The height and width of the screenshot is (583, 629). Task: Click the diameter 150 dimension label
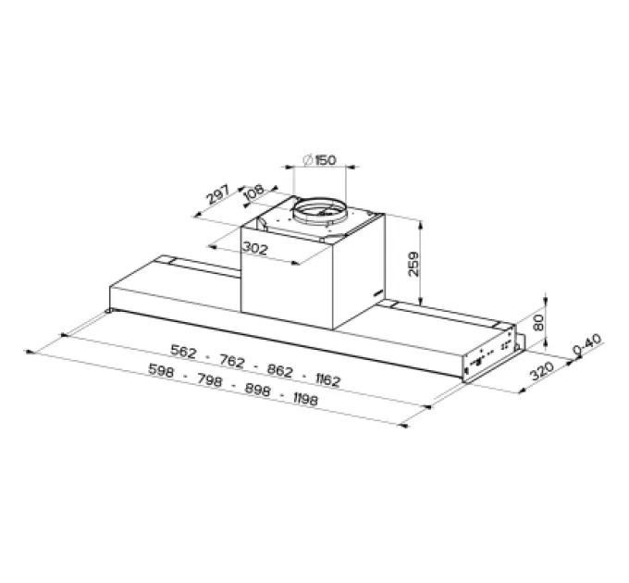click(x=320, y=160)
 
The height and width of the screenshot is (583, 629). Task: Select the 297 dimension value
click(x=218, y=193)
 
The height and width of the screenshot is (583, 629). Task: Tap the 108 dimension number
click(x=254, y=192)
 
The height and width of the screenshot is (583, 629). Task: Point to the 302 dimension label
click(x=254, y=249)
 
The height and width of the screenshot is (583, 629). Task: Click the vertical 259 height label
click(x=413, y=264)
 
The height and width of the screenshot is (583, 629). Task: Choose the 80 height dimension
click(x=539, y=322)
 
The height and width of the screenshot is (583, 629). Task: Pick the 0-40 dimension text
click(x=588, y=345)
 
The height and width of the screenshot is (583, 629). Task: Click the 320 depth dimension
click(x=542, y=370)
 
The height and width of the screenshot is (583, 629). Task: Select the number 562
click(x=184, y=351)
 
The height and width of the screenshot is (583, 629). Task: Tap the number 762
click(x=232, y=361)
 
